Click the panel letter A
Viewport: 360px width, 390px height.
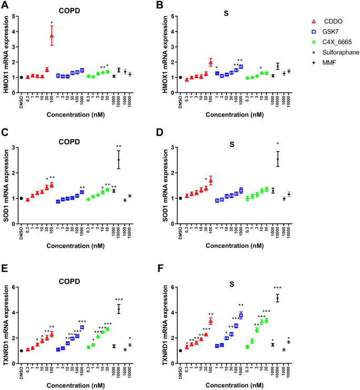[5, 6]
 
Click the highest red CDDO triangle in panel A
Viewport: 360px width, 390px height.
[52, 36]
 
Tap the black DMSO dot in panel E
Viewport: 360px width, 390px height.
[22, 351]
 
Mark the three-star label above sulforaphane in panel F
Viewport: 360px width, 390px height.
[277, 288]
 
